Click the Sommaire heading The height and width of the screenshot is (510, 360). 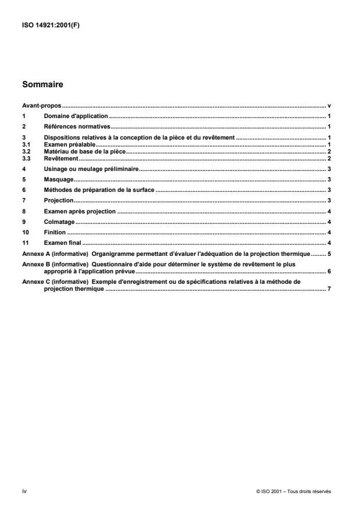42,84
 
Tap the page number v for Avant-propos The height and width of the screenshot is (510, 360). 329,106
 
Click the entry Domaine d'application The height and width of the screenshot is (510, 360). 76,117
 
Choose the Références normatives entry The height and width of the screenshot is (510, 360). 77,127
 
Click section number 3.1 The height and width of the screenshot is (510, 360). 26,143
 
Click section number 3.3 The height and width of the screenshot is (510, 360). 26,158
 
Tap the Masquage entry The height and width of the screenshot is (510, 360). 58,180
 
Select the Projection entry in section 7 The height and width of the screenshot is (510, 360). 58,200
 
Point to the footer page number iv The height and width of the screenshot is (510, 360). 24,491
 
